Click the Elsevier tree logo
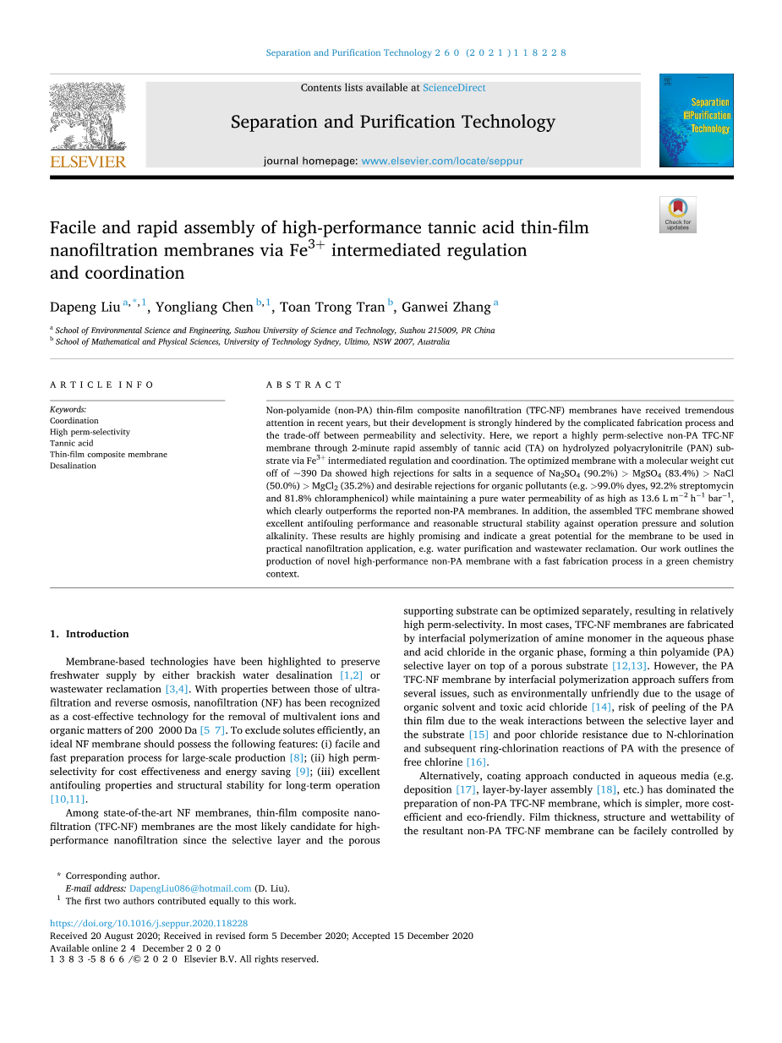coord(88,116)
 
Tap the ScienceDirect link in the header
coord(454,88)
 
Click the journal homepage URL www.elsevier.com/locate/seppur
coord(442,161)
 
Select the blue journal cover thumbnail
coord(696,120)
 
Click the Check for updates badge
coord(677,215)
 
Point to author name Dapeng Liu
coord(85,307)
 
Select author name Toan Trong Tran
coord(331,307)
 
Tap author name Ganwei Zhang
coord(446,307)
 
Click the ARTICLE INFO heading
coord(101,385)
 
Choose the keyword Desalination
coord(73,466)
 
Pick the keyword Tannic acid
coord(71,443)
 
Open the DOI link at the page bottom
coord(149,924)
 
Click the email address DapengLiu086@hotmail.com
coord(190,888)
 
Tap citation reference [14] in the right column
coord(600,707)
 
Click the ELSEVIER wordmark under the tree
coord(88,161)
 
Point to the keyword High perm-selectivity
coord(90,432)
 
